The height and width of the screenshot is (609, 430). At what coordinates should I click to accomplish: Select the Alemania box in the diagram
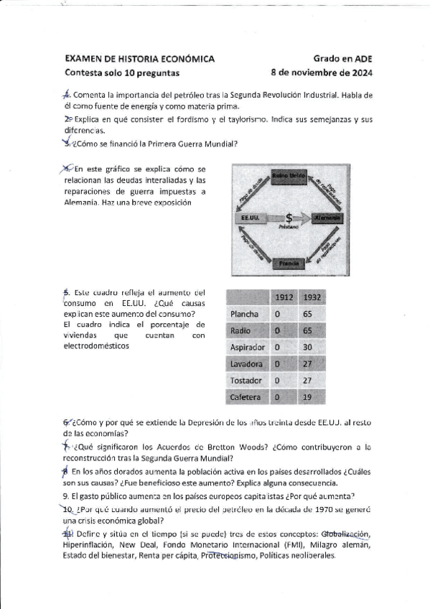click(x=327, y=218)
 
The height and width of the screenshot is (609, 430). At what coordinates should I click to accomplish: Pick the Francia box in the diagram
click(x=289, y=264)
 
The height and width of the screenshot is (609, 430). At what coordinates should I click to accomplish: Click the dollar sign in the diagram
click(x=288, y=216)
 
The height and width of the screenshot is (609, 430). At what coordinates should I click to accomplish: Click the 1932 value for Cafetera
click(x=307, y=397)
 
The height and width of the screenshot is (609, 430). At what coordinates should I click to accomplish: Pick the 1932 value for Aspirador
click(x=307, y=347)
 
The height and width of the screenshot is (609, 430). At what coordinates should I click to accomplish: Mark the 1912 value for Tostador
click(x=277, y=381)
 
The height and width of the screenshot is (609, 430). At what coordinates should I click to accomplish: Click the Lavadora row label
click(x=248, y=364)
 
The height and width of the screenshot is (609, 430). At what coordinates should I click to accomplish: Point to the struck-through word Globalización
click(x=345, y=534)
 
